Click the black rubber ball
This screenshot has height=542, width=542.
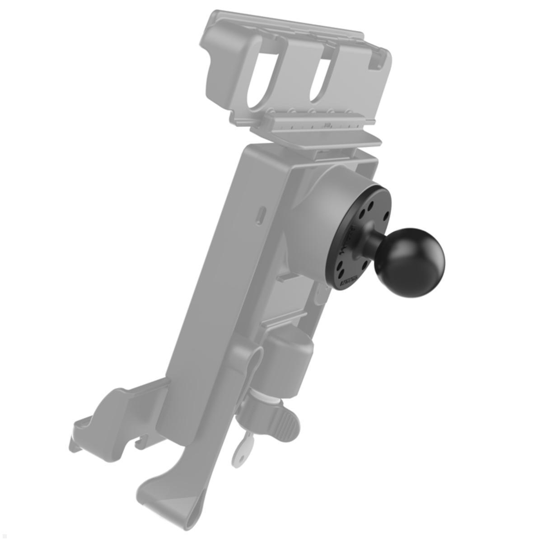click(416, 262)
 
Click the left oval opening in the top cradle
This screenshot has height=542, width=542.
click(259, 77)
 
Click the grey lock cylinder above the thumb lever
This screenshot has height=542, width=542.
click(289, 361)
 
